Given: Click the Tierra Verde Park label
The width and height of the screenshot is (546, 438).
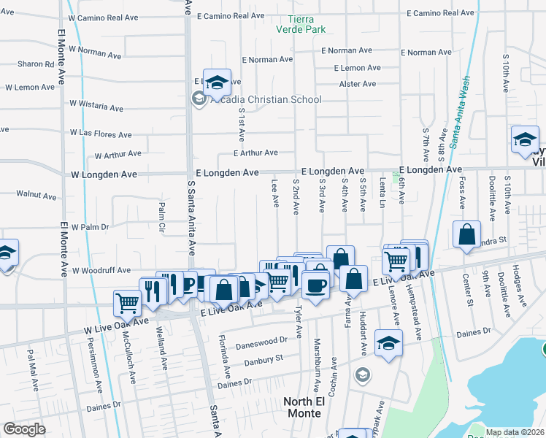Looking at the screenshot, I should (x=301, y=24).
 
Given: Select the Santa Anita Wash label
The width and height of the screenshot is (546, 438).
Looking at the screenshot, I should (x=462, y=113).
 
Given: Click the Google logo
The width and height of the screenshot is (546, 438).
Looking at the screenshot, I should (x=24, y=429).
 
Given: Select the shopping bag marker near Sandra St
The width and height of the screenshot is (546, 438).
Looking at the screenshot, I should (x=466, y=236).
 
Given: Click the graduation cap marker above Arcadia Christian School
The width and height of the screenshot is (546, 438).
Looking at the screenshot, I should (x=217, y=83).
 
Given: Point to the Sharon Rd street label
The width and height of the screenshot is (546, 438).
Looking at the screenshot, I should (x=36, y=64).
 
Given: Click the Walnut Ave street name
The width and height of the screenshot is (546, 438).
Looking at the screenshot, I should (x=36, y=196).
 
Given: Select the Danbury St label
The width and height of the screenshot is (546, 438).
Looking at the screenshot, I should (x=264, y=358).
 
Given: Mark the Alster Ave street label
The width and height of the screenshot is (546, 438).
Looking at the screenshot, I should (x=358, y=84).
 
